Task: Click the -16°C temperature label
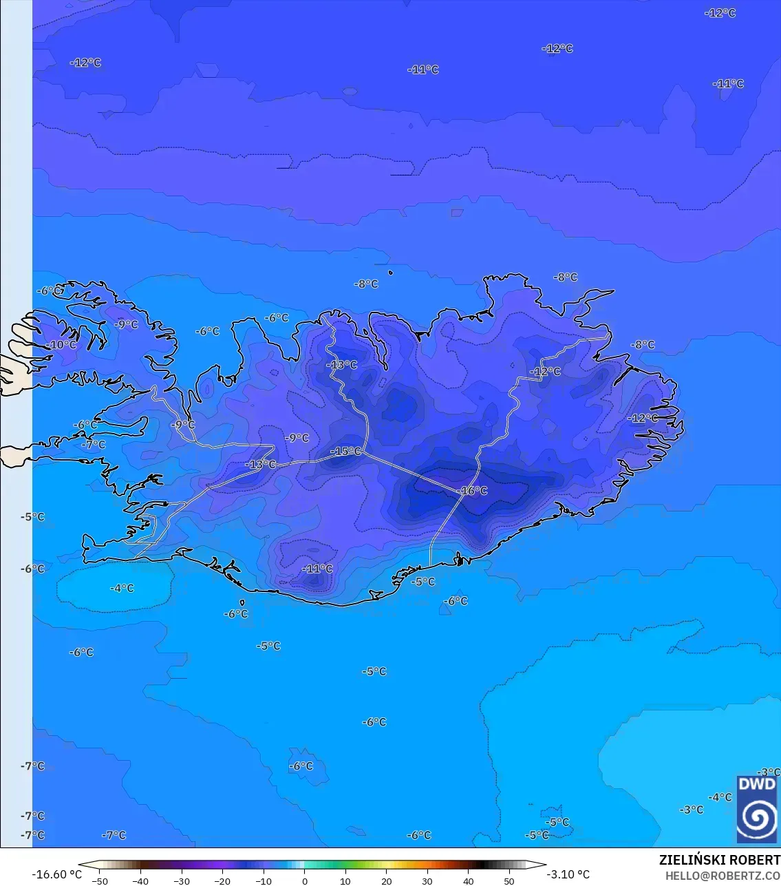473,491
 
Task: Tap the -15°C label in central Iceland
346,452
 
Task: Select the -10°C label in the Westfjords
62,345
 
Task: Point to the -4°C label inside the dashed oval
122,589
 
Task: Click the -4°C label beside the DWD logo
720,797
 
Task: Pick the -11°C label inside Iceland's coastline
318,569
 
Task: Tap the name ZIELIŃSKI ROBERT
719,860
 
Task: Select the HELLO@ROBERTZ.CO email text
723,876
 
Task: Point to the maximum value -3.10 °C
568,874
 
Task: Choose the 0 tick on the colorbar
305,880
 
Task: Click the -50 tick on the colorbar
100,880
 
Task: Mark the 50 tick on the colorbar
509,880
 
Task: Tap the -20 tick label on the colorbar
222,880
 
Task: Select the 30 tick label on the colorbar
427,880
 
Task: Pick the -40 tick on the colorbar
141,880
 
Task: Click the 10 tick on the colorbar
345,880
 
